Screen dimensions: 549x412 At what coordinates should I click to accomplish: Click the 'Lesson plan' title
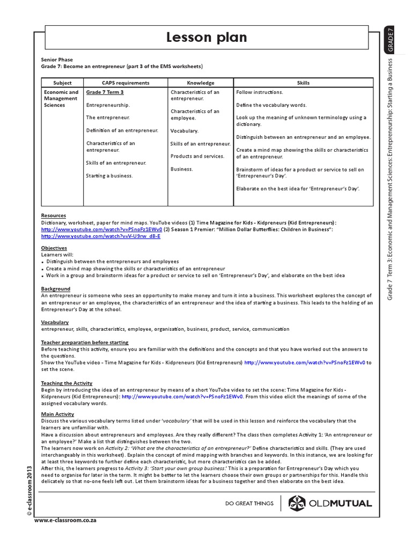tap(206, 38)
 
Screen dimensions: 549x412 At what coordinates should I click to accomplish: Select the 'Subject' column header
tap(62, 83)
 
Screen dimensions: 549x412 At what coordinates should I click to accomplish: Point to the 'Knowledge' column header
tap(201, 83)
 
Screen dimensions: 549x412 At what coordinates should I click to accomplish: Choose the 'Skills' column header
tap(303, 83)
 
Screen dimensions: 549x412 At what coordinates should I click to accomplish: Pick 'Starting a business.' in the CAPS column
tap(109, 175)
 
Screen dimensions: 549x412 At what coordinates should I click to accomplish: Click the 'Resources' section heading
tap(53, 216)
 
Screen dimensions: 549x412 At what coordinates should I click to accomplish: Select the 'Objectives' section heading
tap(54, 248)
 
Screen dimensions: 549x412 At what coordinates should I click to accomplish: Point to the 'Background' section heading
tap(55, 288)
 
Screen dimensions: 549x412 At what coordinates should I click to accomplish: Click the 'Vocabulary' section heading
tap(55, 322)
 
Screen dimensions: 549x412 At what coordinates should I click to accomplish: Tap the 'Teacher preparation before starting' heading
tap(85, 342)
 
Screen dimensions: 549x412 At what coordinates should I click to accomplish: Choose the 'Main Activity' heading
tap(57, 414)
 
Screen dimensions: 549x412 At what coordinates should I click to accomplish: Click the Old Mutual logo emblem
tap(298, 503)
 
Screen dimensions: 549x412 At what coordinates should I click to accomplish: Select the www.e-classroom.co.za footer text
tap(65, 521)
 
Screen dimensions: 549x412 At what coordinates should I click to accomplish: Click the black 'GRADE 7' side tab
tap(391, 40)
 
